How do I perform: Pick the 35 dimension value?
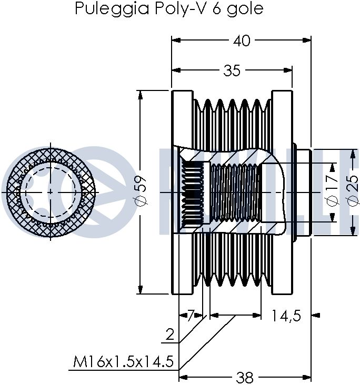pos(232,71)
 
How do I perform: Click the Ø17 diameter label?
pos(332,192)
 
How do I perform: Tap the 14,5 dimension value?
pos(286,316)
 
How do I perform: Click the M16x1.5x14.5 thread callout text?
pos(124,362)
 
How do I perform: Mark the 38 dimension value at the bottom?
pos(245,377)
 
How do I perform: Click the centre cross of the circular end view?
pos(51,192)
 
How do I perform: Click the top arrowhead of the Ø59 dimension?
pos(141,94)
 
